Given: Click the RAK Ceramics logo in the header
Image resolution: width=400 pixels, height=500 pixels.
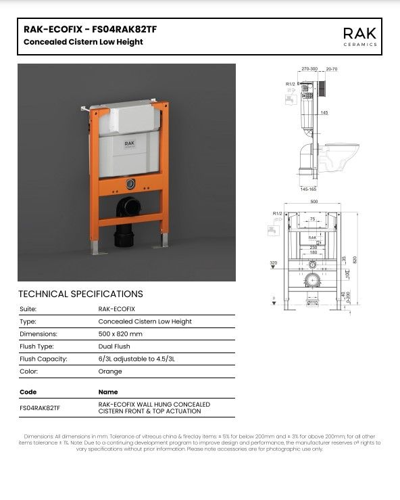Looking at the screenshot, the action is (359, 36).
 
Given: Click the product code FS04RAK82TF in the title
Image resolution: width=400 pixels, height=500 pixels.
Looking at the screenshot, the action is (121, 29).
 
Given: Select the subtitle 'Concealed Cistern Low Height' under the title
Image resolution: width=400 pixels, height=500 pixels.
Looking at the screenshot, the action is (83, 42).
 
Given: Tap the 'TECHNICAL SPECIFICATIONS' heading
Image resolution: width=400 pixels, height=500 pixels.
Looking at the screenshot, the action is (80, 294).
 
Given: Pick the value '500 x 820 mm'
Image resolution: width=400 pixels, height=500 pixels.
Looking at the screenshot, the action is (120, 334).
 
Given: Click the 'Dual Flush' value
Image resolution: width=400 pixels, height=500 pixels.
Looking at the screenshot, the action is (114, 346).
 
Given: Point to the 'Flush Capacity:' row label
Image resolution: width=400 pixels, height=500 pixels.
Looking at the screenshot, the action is (44, 359).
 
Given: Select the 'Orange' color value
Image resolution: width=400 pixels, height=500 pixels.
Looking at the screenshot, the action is (110, 371).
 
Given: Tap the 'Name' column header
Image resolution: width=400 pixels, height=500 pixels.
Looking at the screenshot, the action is (108, 392).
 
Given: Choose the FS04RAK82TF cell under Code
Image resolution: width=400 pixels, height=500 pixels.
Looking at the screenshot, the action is (41, 408).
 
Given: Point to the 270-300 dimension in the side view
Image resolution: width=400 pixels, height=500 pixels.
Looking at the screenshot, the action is (309, 69).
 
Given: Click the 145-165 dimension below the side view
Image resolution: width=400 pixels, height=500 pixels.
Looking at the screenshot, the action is (307, 189).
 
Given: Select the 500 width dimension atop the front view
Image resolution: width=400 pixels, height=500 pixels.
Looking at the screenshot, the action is (313, 202).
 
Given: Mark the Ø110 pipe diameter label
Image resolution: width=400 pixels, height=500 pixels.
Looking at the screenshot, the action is (312, 302).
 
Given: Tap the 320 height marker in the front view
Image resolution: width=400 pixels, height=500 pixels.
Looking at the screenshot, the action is (274, 263).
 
